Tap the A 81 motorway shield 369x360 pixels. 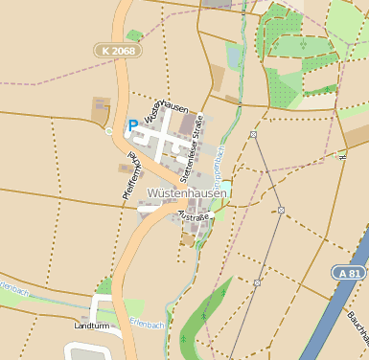point(350,273)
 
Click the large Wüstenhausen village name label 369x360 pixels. point(188,193)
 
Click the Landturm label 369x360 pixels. point(92,326)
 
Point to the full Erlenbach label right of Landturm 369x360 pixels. point(148,325)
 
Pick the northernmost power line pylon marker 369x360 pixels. point(253,135)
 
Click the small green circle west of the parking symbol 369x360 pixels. point(109,131)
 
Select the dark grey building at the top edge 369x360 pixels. point(218,4)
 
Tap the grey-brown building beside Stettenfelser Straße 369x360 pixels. point(187,125)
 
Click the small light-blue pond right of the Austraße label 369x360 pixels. point(218,214)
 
